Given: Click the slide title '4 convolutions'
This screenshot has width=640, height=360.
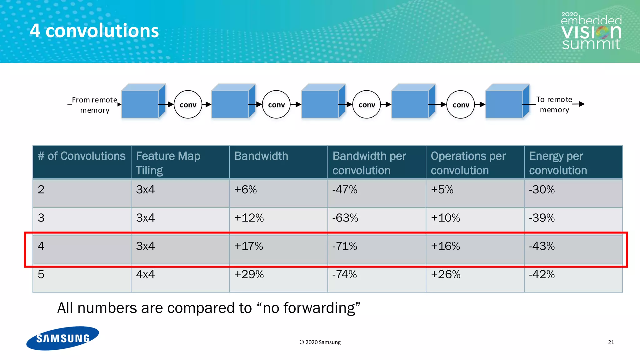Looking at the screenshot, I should tap(94, 31).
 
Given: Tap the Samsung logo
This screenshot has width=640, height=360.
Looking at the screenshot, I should tap(62, 338).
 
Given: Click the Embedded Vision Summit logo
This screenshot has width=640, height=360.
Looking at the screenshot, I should tap(591, 32).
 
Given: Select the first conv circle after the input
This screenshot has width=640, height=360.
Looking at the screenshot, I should tap(188, 105).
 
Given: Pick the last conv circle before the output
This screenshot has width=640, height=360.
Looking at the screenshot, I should tap(461, 105).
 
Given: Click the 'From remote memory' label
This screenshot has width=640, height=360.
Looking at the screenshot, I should tap(94, 105).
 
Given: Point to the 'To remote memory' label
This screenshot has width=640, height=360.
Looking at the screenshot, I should tap(554, 105).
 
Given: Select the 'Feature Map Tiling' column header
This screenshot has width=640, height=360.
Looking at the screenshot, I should tap(168, 163).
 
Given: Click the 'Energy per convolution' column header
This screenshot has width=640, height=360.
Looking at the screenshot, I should tap(558, 163).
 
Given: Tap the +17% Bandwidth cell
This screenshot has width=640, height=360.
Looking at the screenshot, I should tap(249, 246).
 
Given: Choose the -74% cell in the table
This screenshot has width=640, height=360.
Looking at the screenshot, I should tap(344, 274).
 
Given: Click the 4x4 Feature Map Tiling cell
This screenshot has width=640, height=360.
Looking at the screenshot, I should tap(145, 274).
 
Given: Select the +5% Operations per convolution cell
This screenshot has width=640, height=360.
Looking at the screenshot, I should tap(442, 190).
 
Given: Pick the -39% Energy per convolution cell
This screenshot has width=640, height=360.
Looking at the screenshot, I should tap(542, 218).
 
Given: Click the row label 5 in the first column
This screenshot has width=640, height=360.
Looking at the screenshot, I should tap(41, 274).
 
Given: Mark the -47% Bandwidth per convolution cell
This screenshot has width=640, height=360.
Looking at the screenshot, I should tap(344, 190).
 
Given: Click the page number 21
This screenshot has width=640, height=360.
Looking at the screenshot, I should tap(611, 342).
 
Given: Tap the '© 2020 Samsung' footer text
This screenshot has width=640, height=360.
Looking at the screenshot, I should tap(320, 342).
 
